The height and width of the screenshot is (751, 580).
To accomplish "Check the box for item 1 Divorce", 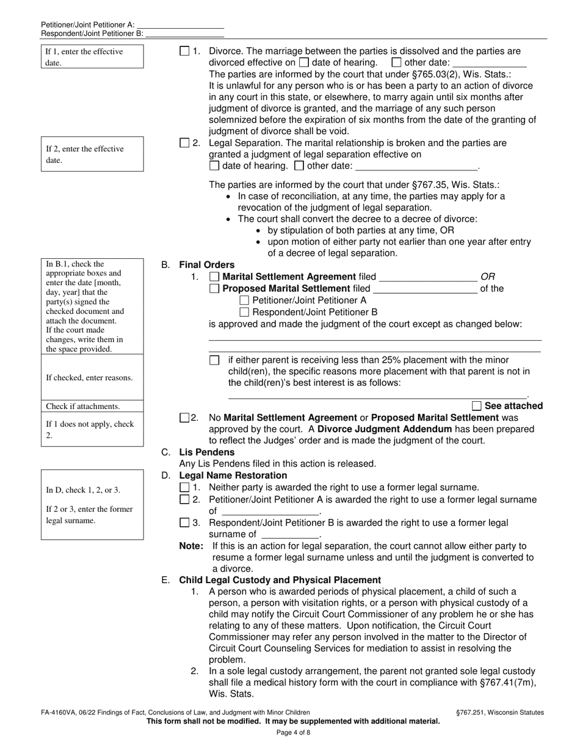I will pyautogui.click(x=184, y=52).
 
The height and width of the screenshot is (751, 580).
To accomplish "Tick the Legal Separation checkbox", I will pyautogui.click(x=184, y=143).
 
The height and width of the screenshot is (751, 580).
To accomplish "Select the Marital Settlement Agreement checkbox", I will pyautogui.click(x=214, y=277).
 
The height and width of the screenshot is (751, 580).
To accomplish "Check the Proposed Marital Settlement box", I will pyautogui.click(x=214, y=289).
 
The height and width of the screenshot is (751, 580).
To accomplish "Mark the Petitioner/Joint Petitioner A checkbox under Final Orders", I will pyautogui.click(x=244, y=300).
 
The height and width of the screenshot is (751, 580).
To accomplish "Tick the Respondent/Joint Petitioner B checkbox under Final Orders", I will pyautogui.click(x=244, y=312).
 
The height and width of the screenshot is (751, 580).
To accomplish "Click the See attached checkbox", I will pyautogui.click(x=477, y=406).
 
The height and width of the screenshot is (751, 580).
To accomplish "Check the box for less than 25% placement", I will pyautogui.click(x=214, y=361).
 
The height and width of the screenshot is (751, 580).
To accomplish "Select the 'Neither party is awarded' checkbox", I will pyautogui.click(x=184, y=488).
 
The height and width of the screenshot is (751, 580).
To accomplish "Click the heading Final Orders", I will pyautogui.click(x=206, y=265).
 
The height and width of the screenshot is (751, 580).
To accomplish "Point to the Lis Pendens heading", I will pyautogui.click(x=206, y=452).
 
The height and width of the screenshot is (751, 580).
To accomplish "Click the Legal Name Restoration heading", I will pyautogui.click(x=233, y=476).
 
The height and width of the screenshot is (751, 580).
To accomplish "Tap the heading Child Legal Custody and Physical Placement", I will pyautogui.click(x=280, y=580).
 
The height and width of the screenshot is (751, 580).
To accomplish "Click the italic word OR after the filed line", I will pyautogui.click(x=488, y=277).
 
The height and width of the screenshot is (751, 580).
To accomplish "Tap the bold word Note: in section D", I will pyautogui.click(x=190, y=546).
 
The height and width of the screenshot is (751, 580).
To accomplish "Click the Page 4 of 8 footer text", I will pyautogui.click(x=294, y=733).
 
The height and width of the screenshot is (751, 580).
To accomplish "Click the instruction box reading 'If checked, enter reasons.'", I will pyautogui.click(x=92, y=377).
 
